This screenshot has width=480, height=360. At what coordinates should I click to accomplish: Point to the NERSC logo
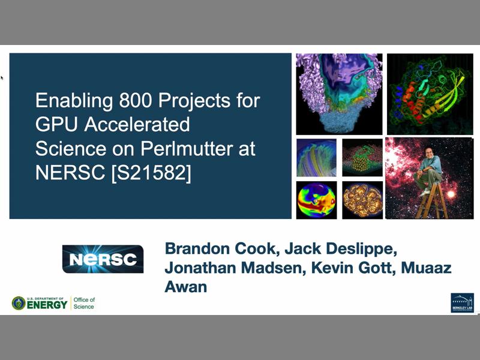click(x=103, y=259)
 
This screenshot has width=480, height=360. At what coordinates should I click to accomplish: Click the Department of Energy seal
click(x=19, y=304)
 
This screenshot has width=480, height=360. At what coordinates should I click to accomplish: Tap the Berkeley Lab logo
click(x=462, y=302)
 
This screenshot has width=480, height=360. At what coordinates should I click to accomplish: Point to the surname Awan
click(x=186, y=287)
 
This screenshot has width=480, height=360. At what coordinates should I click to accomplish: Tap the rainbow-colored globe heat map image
click(x=316, y=200)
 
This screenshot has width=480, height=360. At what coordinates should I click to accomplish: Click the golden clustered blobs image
click(x=362, y=200)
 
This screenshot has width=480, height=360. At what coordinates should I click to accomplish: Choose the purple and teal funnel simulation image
click(x=339, y=94)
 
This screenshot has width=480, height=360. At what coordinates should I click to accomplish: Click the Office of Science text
click(x=84, y=303)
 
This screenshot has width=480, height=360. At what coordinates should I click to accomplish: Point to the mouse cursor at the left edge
click(x=2, y=77)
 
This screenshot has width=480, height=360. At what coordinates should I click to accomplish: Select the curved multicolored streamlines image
click(x=316, y=157)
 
